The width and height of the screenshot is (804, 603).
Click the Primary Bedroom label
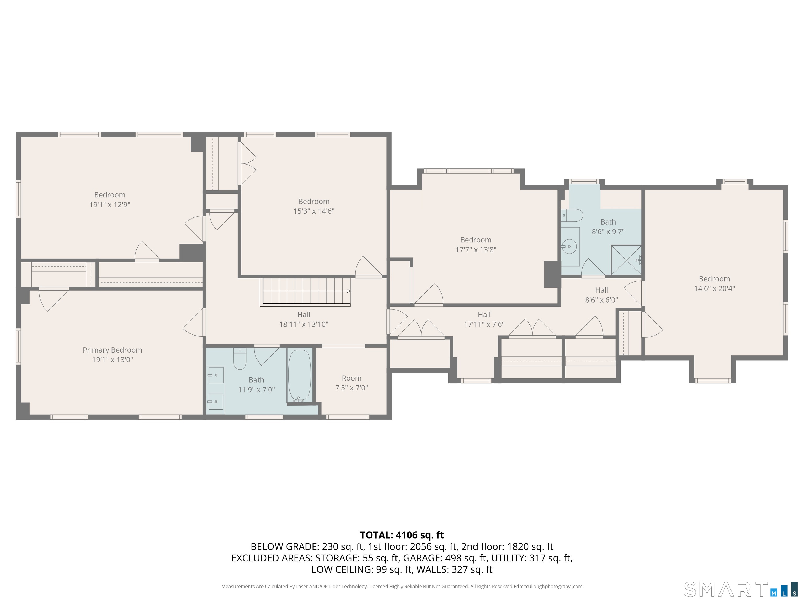112,350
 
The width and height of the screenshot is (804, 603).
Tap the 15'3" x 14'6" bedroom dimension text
314,211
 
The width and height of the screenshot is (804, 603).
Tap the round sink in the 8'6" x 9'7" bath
569,247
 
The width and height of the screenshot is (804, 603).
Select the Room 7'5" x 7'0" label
351,383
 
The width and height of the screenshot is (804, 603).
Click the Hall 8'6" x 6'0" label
601,295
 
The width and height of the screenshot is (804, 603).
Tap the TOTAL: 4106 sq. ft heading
402,535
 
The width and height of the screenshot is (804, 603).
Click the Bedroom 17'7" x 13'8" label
476,245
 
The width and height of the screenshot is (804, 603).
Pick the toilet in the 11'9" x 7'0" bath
239,359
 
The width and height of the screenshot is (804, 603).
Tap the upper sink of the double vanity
216,375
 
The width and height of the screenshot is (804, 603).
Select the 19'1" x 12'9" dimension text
109,205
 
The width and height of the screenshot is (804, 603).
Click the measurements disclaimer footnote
402,586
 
